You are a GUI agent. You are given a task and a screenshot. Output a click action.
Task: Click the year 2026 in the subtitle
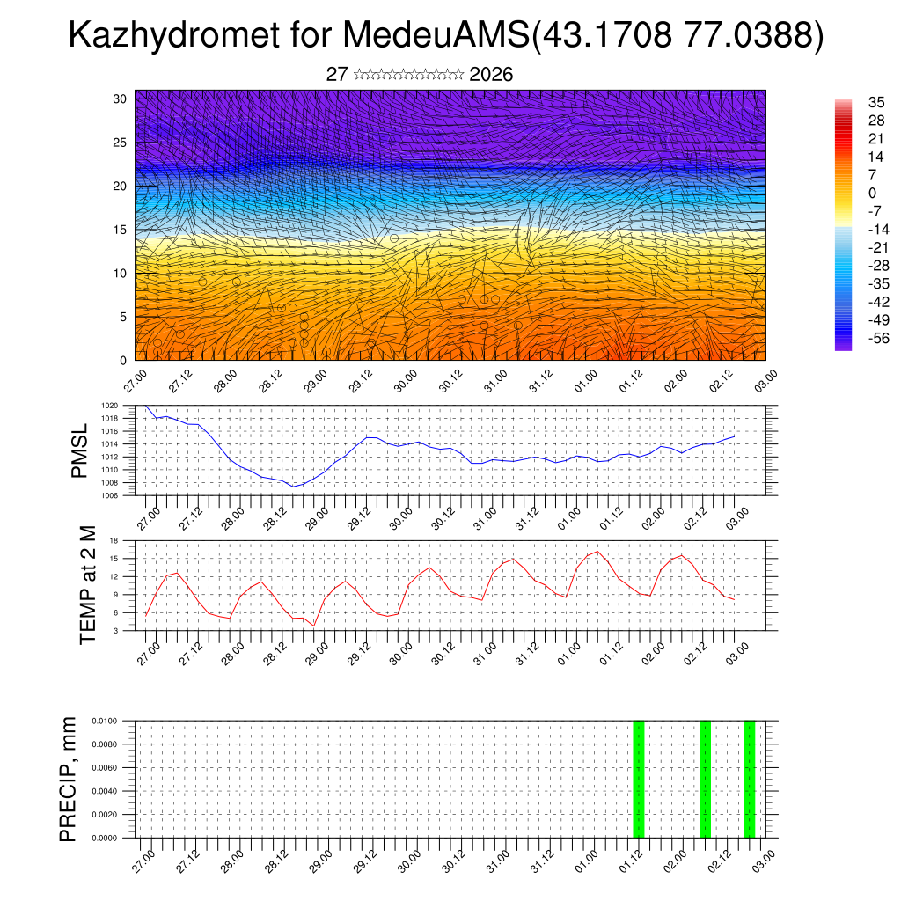[491, 74]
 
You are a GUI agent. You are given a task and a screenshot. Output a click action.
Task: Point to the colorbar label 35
[875, 102]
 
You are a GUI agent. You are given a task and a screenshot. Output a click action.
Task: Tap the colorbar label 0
[872, 193]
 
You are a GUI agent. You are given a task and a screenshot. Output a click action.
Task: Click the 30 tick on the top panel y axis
[121, 99]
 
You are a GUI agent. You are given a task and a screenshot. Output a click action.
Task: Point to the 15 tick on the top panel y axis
[121, 230]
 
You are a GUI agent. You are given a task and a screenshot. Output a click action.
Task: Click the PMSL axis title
[80, 451]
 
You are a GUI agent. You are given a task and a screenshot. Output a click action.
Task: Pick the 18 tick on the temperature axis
[114, 540]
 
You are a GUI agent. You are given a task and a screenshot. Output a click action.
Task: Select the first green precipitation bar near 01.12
[639, 779]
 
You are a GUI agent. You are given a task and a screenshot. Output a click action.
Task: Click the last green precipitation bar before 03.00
[749, 779]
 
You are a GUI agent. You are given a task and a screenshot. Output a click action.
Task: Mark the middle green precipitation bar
[705, 779]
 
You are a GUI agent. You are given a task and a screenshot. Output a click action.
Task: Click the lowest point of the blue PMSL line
[294, 486]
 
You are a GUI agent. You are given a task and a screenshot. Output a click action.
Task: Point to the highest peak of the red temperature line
[597, 552]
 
